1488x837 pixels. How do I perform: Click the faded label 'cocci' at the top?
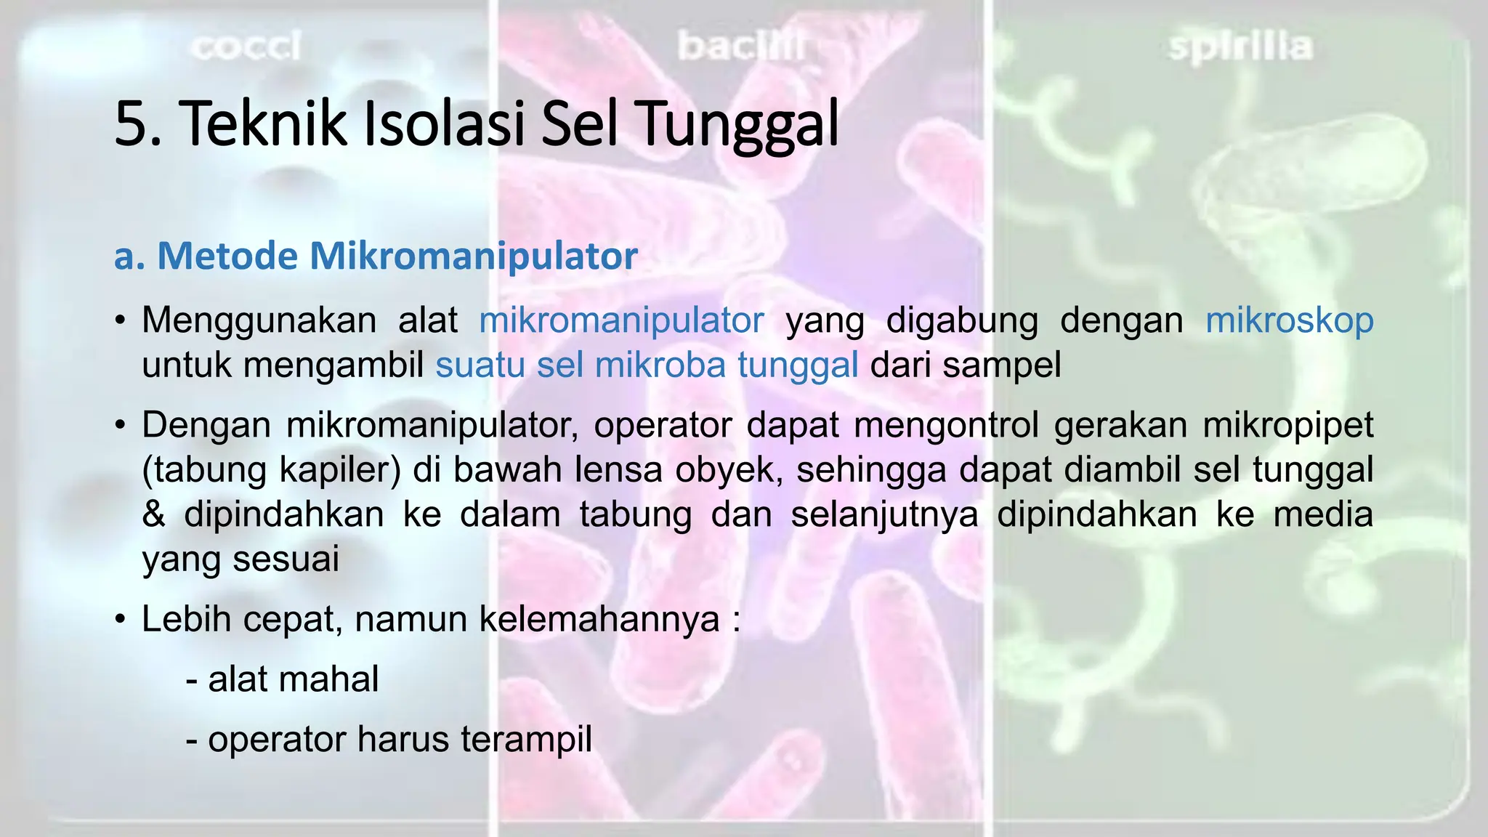tap(246, 47)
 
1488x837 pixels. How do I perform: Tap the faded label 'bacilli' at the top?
tap(740, 47)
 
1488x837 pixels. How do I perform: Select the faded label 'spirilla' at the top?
tap(1240, 47)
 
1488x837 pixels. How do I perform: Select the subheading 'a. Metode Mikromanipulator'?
tap(376, 256)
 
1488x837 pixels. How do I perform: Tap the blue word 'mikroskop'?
tap(1289, 320)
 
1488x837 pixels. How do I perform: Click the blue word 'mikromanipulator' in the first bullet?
tap(621, 320)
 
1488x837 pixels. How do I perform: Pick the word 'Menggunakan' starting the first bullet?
tap(259, 320)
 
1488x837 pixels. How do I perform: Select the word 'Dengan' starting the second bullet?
tap(206, 425)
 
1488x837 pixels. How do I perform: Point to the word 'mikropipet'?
tap(1287, 425)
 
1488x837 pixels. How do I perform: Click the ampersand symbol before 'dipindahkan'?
tap(154, 514)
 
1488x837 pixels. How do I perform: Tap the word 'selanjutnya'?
tap(884, 514)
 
